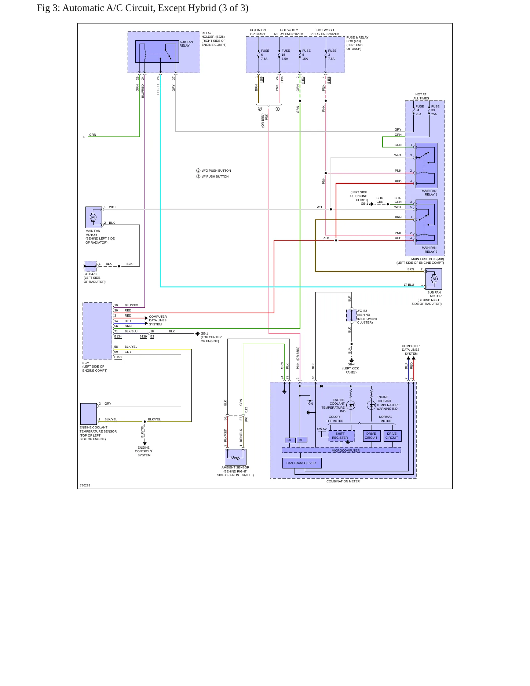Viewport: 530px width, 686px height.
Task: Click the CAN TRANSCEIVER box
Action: coord(301,463)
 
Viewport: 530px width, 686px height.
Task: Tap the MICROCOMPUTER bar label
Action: coord(346,450)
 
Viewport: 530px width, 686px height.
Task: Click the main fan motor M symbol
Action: coord(93,217)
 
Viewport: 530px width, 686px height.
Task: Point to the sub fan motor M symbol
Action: coord(434,279)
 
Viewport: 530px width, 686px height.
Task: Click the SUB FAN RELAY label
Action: coord(186,44)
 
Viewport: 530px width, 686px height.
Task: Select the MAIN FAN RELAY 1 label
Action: coord(429,193)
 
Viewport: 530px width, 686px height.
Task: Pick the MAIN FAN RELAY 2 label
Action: coord(429,250)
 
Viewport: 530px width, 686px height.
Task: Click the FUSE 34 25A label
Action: coord(420,110)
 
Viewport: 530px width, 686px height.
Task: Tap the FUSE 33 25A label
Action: coord(435,110)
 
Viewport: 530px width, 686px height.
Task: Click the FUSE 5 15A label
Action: coord(306,55)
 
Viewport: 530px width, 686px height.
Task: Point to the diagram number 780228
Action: coord(85,485)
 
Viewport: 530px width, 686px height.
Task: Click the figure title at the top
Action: coord(143,8)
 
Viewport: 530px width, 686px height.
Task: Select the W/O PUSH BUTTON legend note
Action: coord(214,171)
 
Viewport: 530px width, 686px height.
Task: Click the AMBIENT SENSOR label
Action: coord(235,467)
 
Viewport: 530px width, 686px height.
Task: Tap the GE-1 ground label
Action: coord(204,333)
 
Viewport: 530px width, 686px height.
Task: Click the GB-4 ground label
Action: coord(351,364)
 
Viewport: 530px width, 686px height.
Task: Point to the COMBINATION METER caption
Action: coord(343,481)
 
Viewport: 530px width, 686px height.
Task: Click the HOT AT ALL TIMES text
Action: coord(421,96)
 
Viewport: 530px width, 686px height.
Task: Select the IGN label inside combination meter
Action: coord(310,404)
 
